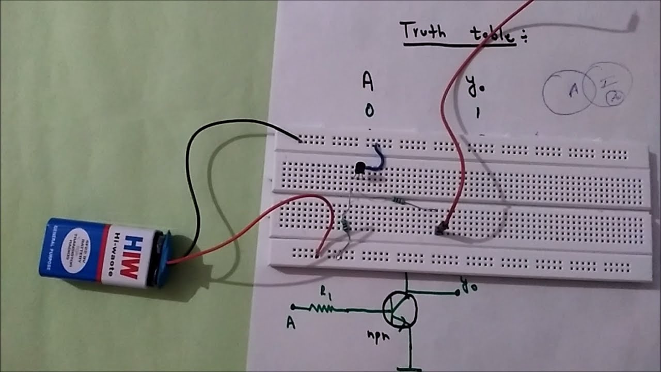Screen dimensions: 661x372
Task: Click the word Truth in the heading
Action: (423, 32)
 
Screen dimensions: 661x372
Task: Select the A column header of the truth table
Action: (367, 82)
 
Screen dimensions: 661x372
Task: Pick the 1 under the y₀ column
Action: (478, 113)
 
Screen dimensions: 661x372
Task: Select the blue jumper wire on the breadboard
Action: (380, 157)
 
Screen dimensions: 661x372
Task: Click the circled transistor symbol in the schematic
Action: (400, 309)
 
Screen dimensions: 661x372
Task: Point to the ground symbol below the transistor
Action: (411, 368)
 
